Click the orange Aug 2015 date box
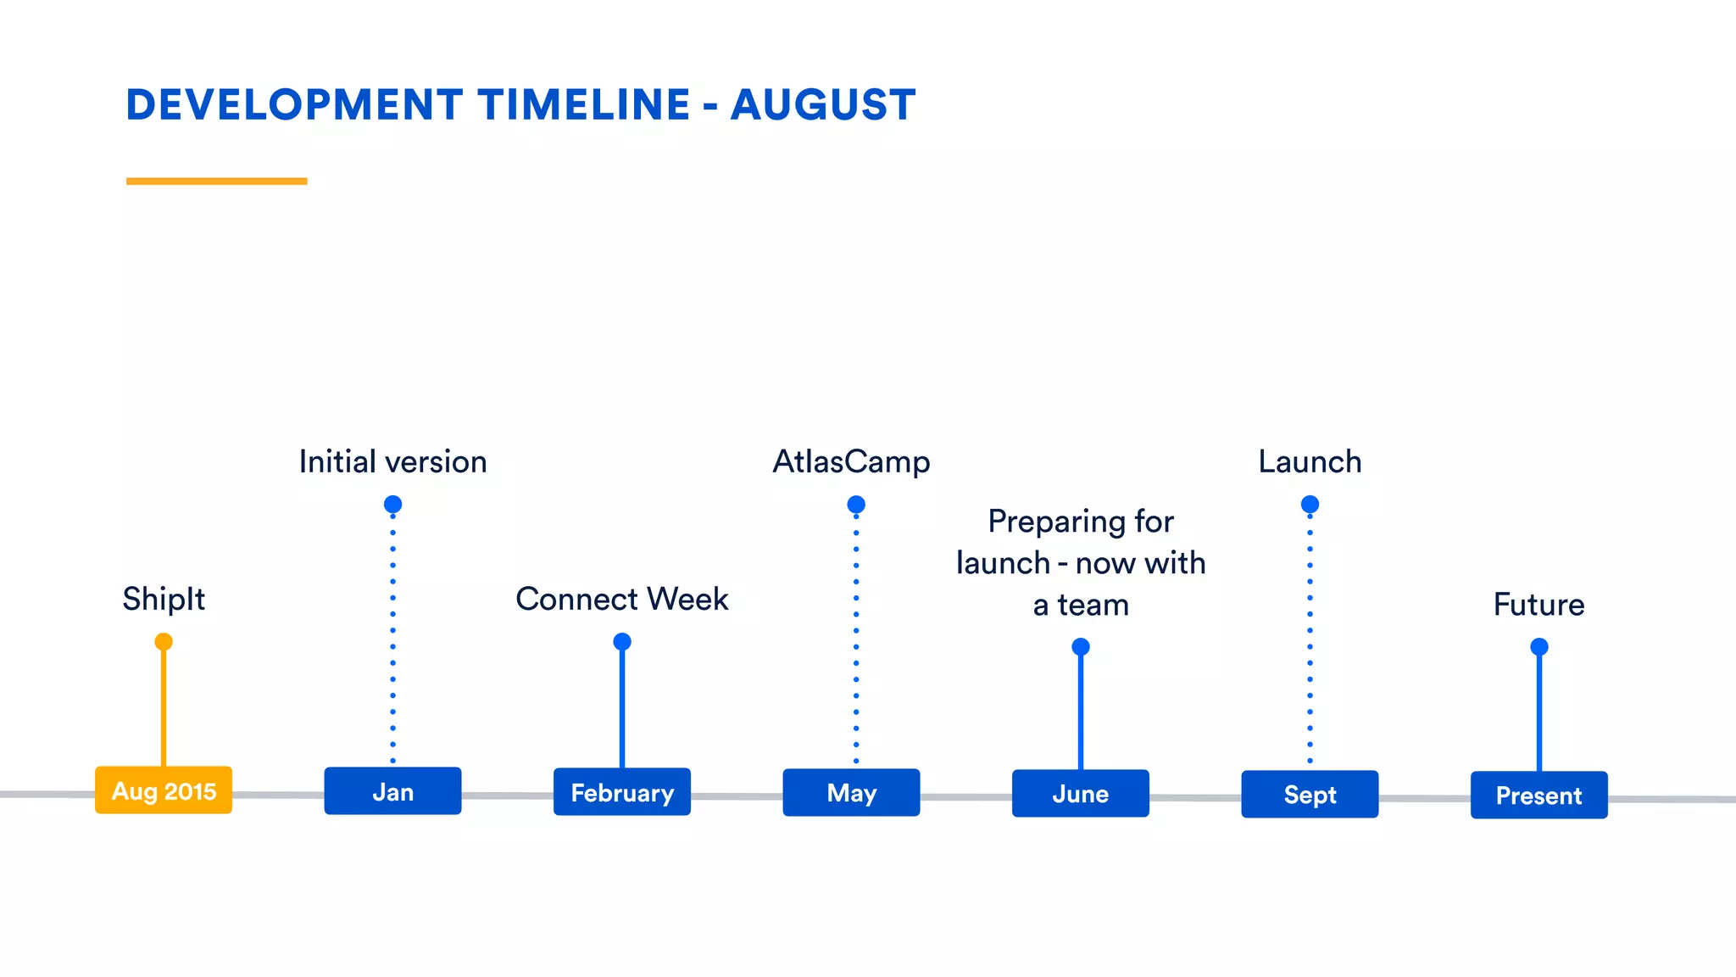tap(164, 790)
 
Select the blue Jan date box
tap(392, 791)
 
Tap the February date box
tap(622, 792)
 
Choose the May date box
tap(851, 793)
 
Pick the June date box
tap(1080, 794)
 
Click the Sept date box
tap(1310, 795)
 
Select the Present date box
tap(1538, 796)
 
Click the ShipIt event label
tap(164, 600)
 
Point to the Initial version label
tap(392, 462)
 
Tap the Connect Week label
tap(622, 600)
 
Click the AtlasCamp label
tap(851, 462)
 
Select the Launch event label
tap(1310, 462)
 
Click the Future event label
tap(1538, 605)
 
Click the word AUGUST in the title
tap(823, 105)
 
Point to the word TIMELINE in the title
tap(584, 105)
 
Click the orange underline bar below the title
tap(216, 181)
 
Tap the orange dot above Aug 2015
tap(164, 641)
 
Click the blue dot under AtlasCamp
tap(856, 505)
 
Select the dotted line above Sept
tap(1310, 636)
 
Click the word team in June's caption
tap(1093, 606)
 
